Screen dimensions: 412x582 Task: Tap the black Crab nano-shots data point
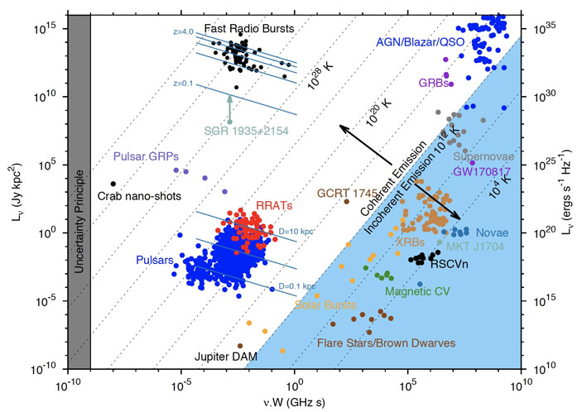point(113,184)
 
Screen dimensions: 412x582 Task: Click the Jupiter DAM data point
point(240,346)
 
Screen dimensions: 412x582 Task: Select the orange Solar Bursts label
point(304,307)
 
